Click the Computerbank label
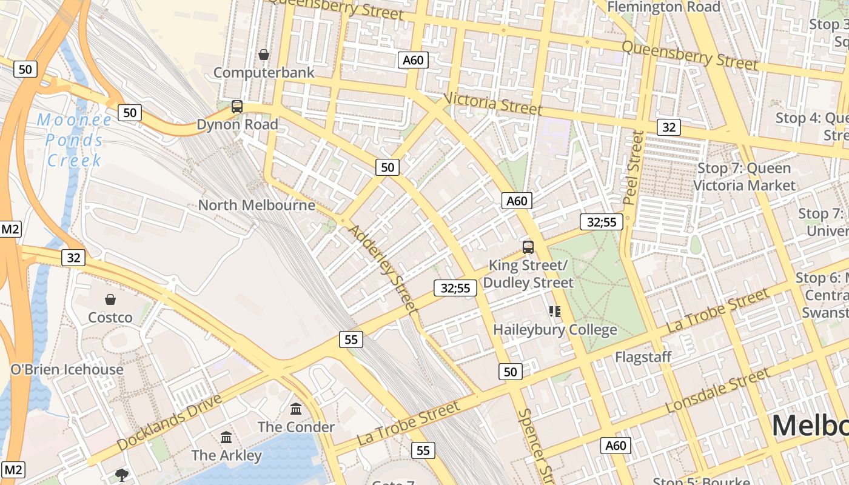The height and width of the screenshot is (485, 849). [264, 73]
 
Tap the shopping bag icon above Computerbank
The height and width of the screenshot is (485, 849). [264, 55]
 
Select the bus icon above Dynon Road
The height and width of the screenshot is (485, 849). [237, 107]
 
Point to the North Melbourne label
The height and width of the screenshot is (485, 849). [257, 205]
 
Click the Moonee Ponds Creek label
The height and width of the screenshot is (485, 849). [75, 140]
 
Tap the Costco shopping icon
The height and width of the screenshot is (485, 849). [110, 299]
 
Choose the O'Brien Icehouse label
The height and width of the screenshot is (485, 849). [67, 369]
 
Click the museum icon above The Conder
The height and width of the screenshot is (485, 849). [296, 409]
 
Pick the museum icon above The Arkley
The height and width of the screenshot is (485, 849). [226, 437]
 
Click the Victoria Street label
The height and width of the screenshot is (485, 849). [492, 104]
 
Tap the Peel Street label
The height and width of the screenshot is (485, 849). [633, 167]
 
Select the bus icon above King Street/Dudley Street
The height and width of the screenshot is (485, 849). [528, 247]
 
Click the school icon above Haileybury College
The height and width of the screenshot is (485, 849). [555, 312]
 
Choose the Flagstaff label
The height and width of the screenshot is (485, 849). [643, 356]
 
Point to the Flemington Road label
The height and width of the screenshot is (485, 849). [663, 7]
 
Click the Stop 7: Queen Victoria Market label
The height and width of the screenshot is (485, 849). [744, 176]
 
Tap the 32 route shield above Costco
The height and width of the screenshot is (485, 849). [73, 258]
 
